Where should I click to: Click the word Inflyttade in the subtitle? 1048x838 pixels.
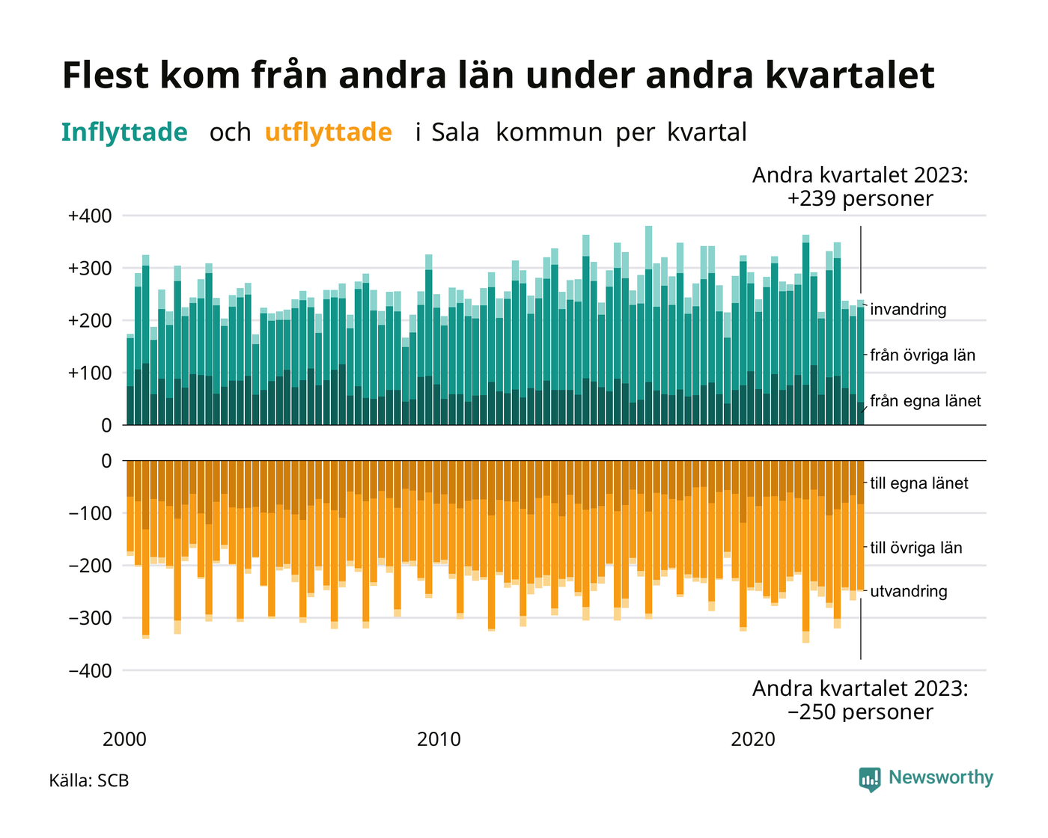[x=124, y=132]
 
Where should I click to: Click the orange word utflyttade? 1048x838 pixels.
[x=328, y=132]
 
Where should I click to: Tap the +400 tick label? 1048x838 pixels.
[x=90, y=215]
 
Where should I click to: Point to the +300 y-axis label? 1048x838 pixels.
[x=90, y=269]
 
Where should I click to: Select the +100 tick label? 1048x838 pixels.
[x=90, y=373]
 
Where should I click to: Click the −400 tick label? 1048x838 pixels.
[x=90, y=671]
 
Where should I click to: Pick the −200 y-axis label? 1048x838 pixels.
[x=90, y=566]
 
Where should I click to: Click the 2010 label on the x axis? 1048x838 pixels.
[x=439, y=739]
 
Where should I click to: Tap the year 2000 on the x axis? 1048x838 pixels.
[x=124, y=739]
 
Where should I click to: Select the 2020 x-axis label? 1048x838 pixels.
[x=753, y=739]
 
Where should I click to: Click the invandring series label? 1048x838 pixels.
[x=908, y=310]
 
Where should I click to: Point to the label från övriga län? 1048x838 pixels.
[x=923, y=355]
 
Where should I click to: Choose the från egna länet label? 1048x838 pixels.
[x=926, y=401]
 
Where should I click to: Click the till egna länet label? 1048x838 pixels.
[x=919, y=483]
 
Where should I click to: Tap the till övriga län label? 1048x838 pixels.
[x=916, y=548]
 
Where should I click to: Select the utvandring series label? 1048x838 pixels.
[x=909, y=592]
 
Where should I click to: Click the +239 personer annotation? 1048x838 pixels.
[x=860, y=199]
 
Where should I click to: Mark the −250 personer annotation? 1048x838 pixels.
[x=860, y=712]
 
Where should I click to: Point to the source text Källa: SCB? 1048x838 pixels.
[x=89, y=780]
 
